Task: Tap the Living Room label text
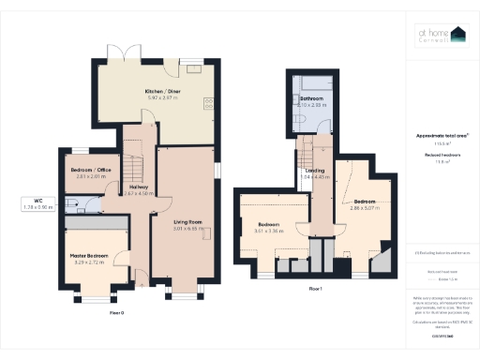188,221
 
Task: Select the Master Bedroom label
90,255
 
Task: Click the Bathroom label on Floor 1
311,97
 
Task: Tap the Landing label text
314,169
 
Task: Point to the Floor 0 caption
117,310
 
